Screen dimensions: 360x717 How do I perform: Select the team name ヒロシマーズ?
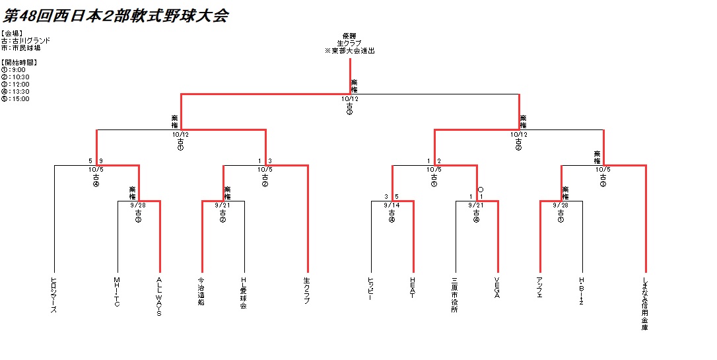tap(53, 294)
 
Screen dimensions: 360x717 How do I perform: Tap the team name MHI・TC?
tap(117, 291)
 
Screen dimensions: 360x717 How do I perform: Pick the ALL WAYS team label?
tap(159, 297)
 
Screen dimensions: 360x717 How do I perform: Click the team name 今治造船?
tap(201, 291)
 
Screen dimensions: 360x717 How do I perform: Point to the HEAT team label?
tap(413, 287)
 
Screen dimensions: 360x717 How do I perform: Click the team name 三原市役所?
tap(455, 294)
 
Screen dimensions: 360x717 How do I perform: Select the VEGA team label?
tap(497, 287)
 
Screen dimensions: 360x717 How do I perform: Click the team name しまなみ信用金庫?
tap(645, 303)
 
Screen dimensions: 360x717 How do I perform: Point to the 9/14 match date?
tap(392, 205)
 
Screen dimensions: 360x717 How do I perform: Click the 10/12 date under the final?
tap(349, 99)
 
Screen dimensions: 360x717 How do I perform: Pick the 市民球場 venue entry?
tap(22, 48)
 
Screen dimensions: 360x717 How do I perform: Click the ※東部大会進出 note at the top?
tap(349, 51)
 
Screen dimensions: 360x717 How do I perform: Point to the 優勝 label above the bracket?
tap(349, 36)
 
